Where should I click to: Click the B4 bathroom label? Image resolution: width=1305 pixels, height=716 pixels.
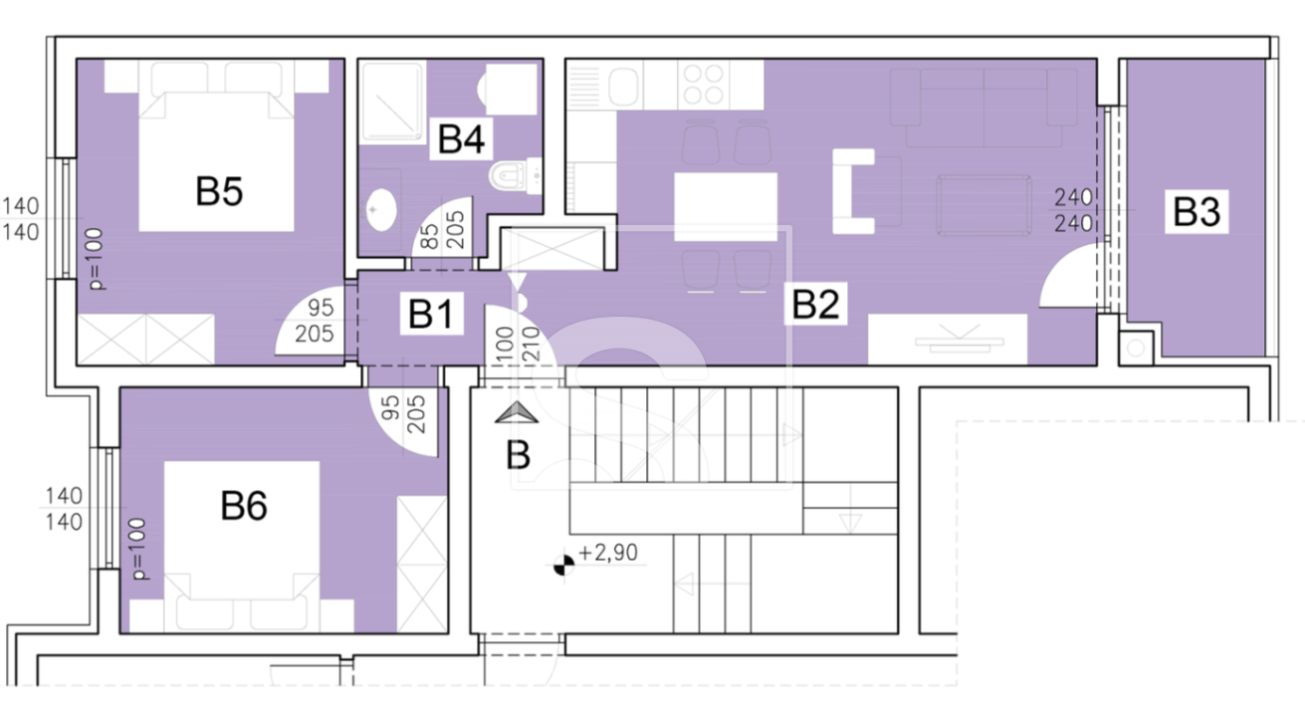tap(461, 138)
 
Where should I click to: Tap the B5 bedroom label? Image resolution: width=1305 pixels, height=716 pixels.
tap(219, 191)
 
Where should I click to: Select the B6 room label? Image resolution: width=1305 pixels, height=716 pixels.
tap(244, 506)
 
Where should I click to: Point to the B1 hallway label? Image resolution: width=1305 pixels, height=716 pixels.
tap(431, 314)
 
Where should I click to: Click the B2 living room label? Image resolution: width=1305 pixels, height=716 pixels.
tap(815, 303)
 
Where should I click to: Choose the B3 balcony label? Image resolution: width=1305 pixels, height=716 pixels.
tap(1196, 211)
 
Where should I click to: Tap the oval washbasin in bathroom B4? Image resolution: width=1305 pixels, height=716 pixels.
tap(381, 209)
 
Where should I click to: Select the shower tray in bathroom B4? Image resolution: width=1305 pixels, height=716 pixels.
tap(392, 103)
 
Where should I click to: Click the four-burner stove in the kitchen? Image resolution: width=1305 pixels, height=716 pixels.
tap(703, 85)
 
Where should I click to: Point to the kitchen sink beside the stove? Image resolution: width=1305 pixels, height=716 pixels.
tap(623, 86)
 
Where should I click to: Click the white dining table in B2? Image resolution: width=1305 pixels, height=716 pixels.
tap(726, 206)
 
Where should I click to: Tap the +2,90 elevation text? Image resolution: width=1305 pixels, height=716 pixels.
tap(609, 552)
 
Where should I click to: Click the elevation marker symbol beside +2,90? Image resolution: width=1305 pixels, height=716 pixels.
tap(563, 564)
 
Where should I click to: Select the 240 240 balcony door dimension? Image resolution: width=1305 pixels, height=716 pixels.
tap(1073, 210)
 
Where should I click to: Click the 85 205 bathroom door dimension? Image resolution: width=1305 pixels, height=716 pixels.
tap(443, 230)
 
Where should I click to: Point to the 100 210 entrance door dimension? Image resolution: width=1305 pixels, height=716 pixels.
tap(518, 344)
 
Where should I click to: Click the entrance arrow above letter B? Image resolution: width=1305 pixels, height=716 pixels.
tap(517, 413)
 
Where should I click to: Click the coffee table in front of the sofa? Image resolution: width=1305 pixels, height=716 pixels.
tap(984, 205)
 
